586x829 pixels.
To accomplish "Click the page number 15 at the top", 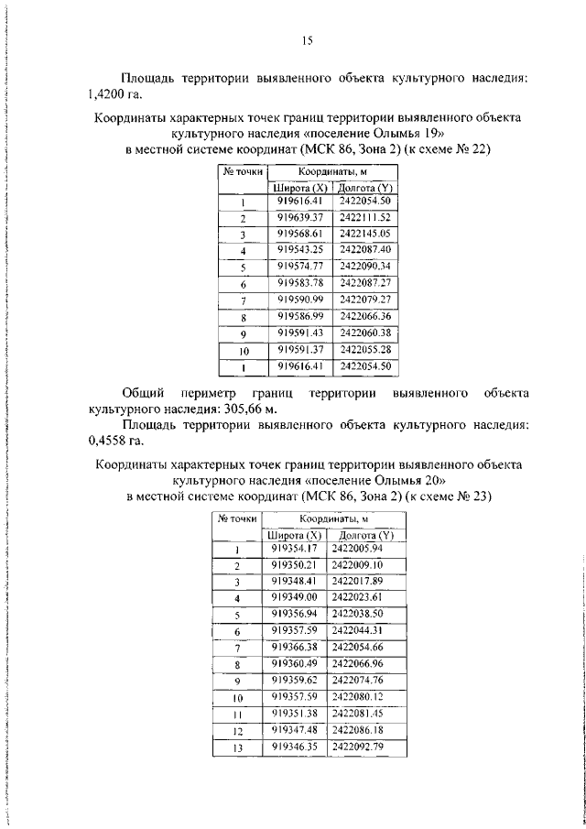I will tap(308, 39).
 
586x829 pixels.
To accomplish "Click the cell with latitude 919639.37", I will tap(301, 217).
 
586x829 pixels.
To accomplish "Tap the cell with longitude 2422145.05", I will tap(364, 234).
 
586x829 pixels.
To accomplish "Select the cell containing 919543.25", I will tap(301, 250).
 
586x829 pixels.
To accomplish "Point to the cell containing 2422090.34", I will tap(364, 267).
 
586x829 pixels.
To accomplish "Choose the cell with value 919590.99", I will tap(301, 300).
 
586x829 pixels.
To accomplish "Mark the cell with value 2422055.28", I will tap(364, 349).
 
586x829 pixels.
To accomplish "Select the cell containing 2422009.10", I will tap(357, 564).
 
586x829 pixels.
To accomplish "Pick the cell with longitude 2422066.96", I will tap(357, 663).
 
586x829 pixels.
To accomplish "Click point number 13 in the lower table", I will tap(236, 747).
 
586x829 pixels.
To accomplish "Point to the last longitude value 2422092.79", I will tap(357, 747).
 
